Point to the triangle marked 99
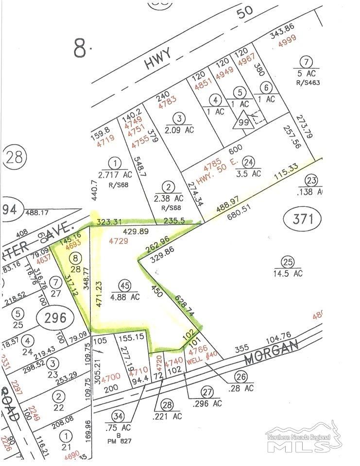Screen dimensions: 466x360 click(x=243, y=121)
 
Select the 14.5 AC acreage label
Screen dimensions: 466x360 click(x=288, y=273)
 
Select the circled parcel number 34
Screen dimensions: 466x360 click(x=118, y=416)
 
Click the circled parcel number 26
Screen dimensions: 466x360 click(x=240, y=376)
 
